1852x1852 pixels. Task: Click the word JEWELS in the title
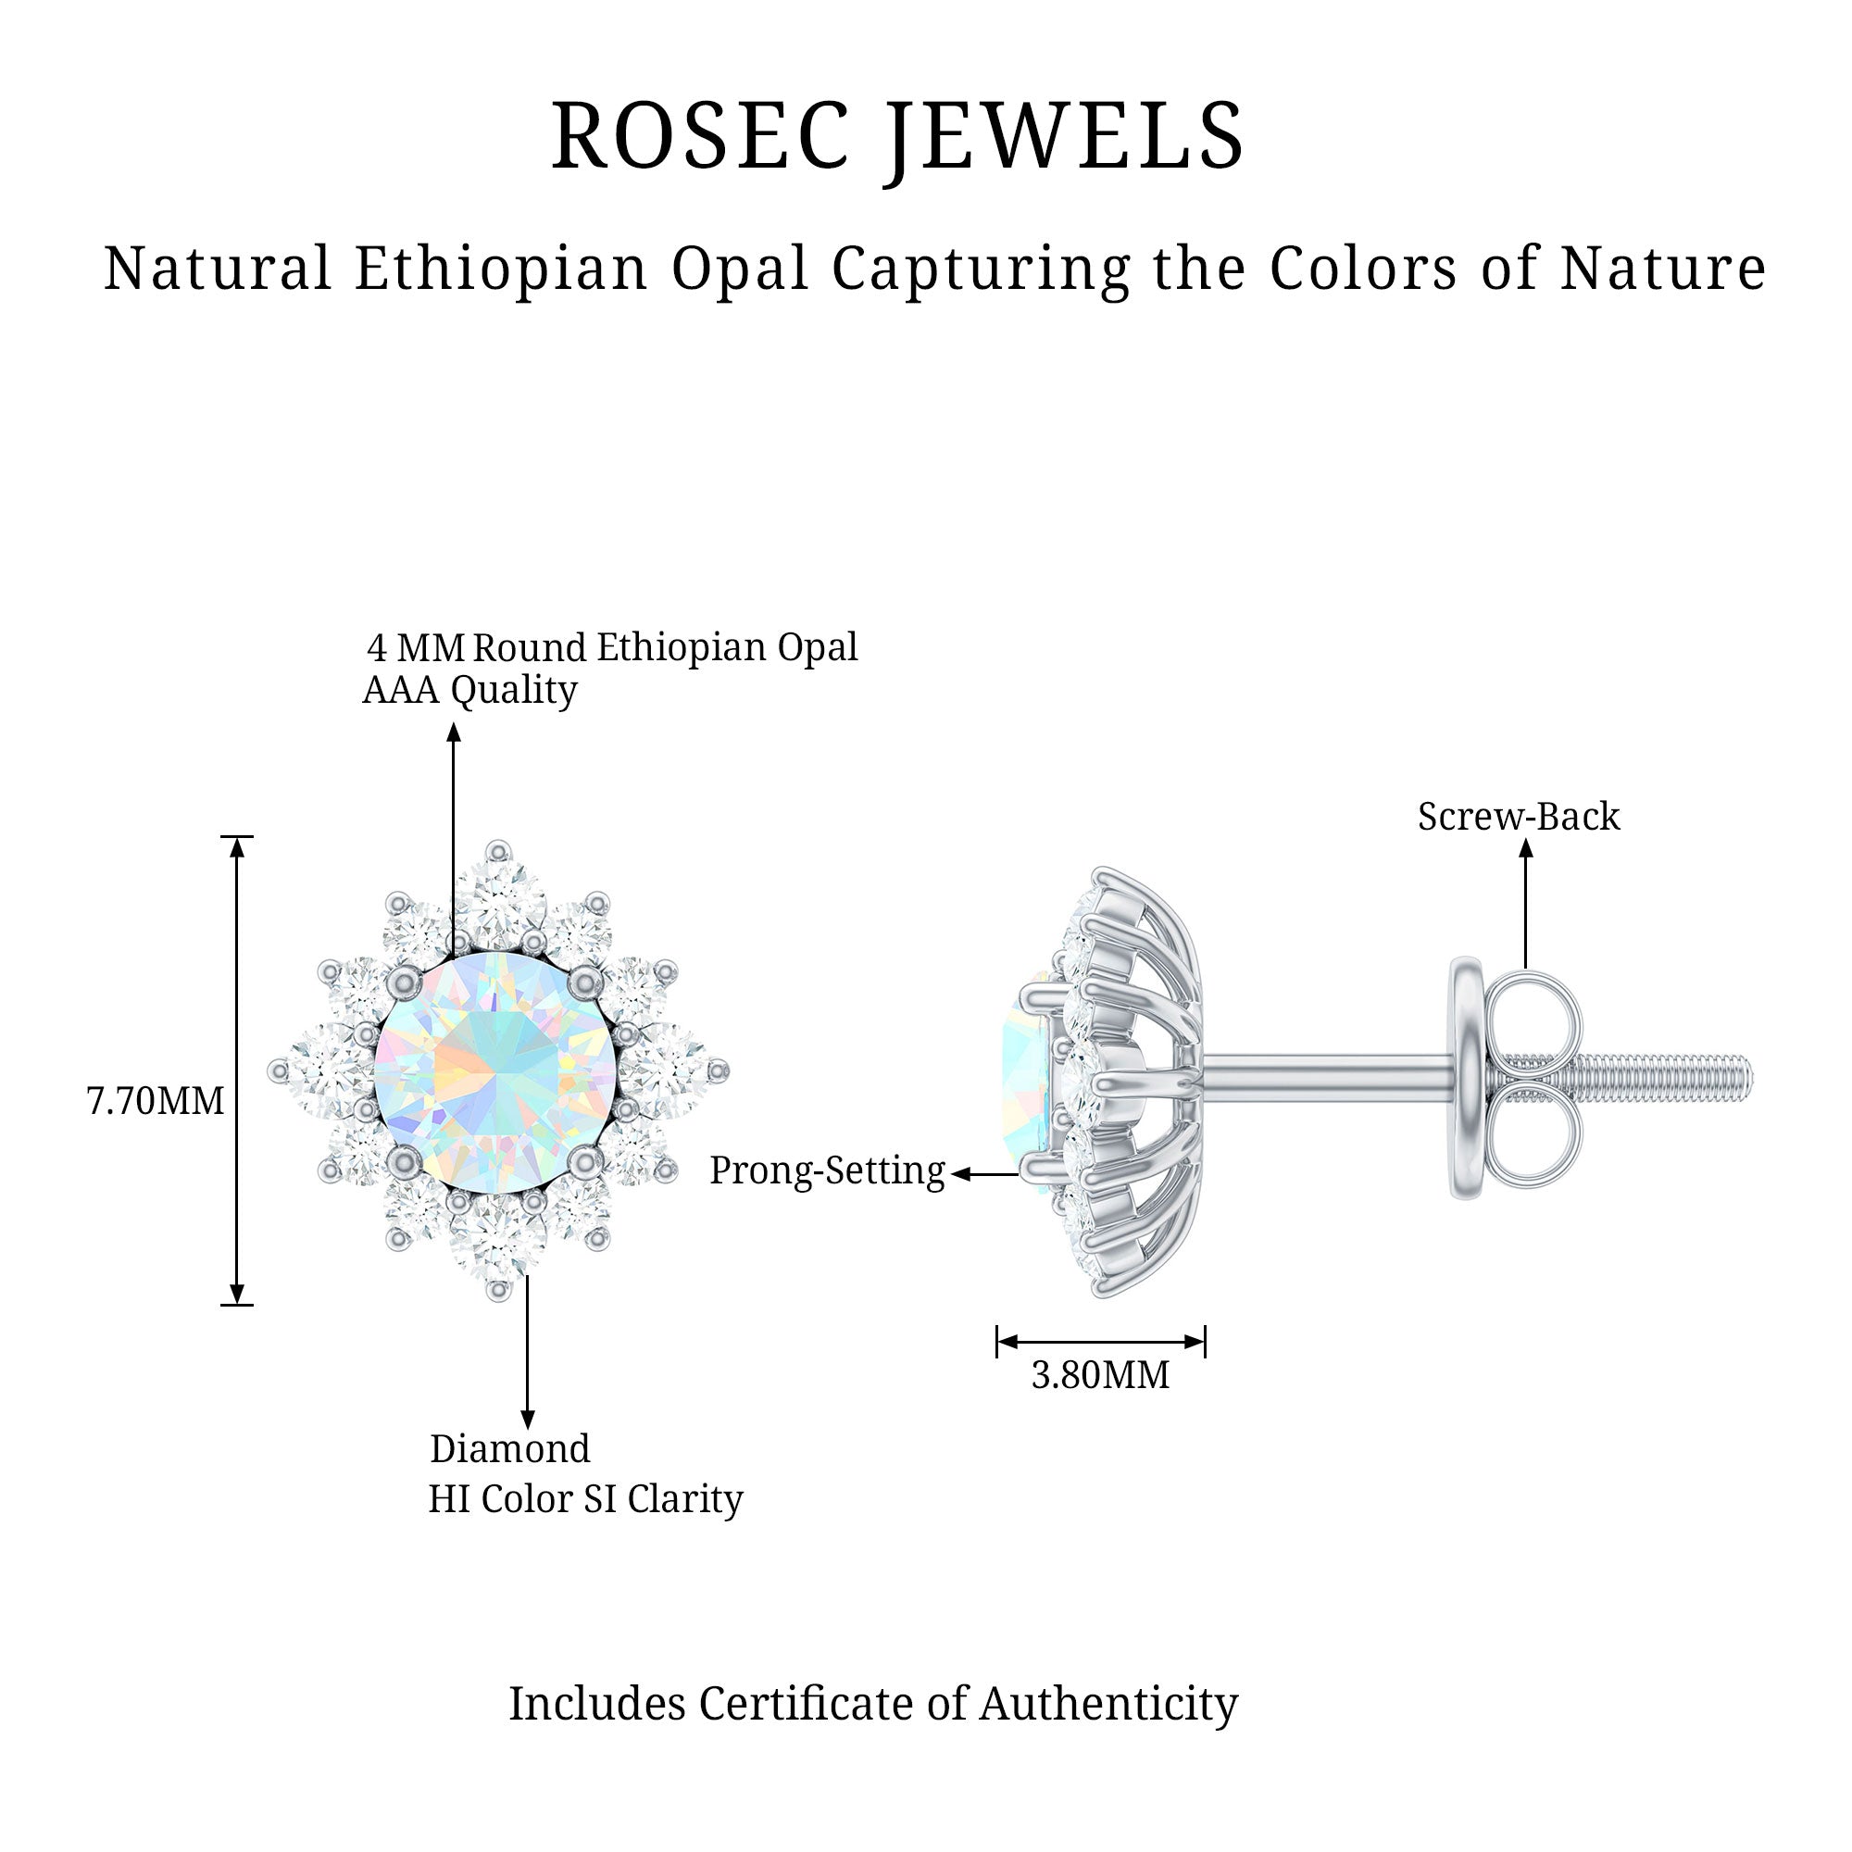click(x=1064, y=137)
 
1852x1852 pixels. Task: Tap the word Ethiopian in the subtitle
click(x=501, y=269)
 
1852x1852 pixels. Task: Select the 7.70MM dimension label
click(x=156, y=1101)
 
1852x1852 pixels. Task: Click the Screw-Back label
click(x=1519, y=817)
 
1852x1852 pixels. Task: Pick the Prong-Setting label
click(x=827, y=1170)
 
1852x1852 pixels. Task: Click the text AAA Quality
click(x=469, y=690)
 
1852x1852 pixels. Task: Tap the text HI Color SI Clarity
click(x=584, y=1498)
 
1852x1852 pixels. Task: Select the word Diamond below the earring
click(x=509, y=1448)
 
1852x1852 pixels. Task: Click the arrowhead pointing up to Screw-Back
click(x=1526, y=849)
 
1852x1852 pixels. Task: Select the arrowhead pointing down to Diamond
click(x=527, y=1419)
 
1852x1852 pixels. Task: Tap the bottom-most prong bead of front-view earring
click(x=497, y=1291)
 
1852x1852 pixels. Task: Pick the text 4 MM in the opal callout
click(x=416, y=649)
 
